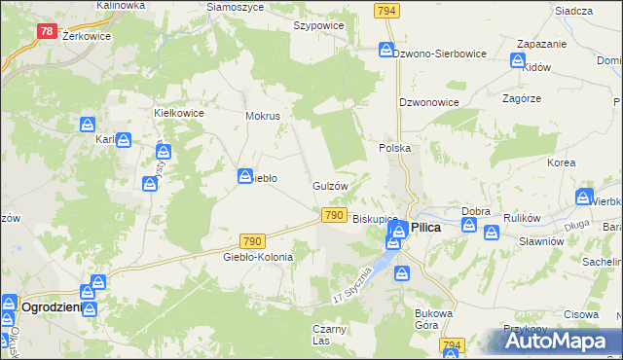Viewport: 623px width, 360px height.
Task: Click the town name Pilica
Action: (426, 226)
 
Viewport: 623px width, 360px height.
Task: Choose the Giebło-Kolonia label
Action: (258, 257)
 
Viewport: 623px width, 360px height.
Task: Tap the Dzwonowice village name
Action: (428, 101)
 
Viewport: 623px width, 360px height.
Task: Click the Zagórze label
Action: (522, 99)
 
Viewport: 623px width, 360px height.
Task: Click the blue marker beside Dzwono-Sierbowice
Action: (386, 51)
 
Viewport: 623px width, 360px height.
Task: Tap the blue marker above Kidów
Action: (519, 60)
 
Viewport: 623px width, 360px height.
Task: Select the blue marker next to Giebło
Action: (245, 175)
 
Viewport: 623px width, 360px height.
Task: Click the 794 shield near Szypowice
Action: (386, 10)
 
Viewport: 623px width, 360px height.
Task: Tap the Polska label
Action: (395, 148)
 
